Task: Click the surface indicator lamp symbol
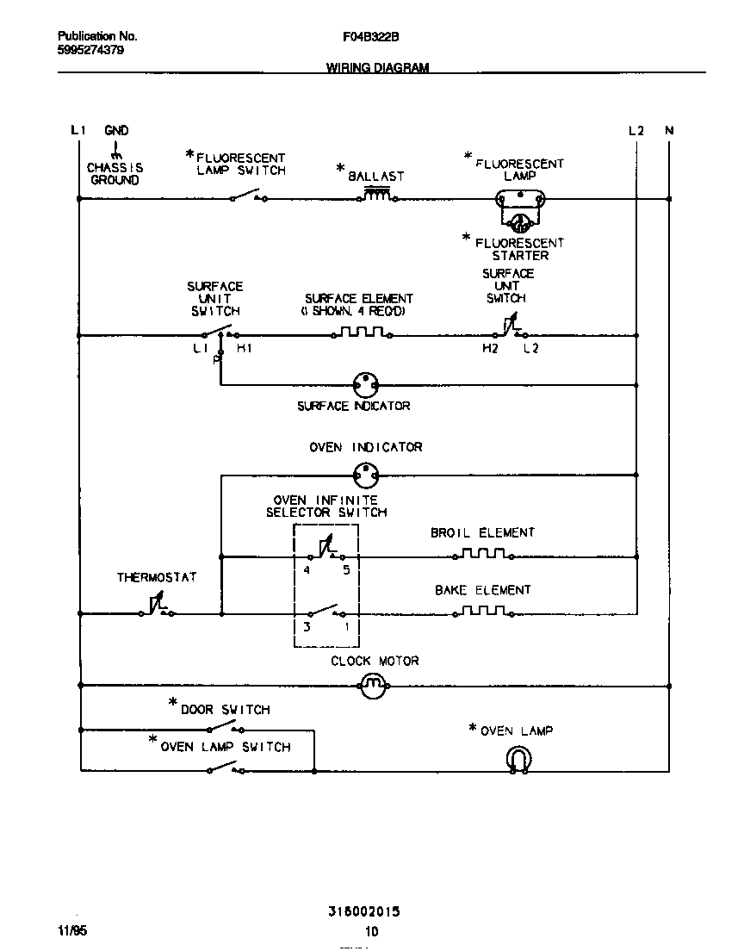pyautogui.click(x=367, y=385)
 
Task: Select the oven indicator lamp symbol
pyautogui.click(x=367, y=473)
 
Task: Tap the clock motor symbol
pyautogui.click(x=373, y=686)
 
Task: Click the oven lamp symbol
pyautogui.click(x=518, y=760)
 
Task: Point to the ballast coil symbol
pyautogui.click(x=376, y=196)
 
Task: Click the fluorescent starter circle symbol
pyautogui.click(x=519, y=224)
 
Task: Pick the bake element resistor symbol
pyautogui.click(x=482, y=612)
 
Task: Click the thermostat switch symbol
pyautogui.click(x=157, y=608)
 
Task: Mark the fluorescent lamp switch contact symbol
pyautogui.click(x=248, y=196)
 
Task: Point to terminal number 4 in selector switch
pyautogui.click(x=307, y=570)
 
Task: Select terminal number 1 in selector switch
pyautogui.click(x=347, y=628)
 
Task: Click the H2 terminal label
pyautogui.click(x=489, y=349)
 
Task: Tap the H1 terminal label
pyautogui.click(x=244, y=349)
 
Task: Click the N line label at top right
pyautogui.click(x=669, y=131)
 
